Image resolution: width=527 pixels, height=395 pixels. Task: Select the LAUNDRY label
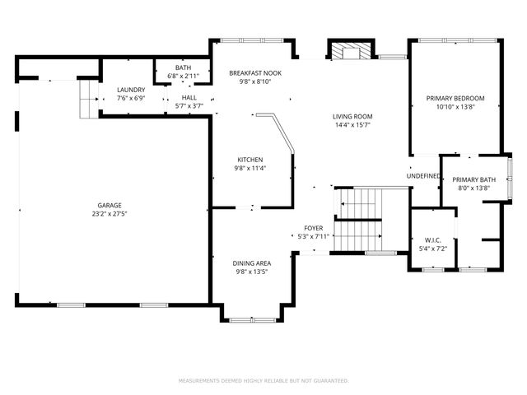[x=131, y=90]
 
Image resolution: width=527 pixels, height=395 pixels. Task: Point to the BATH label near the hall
[x=182, y=68]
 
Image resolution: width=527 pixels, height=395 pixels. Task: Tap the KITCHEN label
[x=250, y=159]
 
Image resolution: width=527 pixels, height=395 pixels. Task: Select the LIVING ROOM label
[x=352, y=117]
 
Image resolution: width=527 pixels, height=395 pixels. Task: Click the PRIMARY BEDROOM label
[x=455, y=99]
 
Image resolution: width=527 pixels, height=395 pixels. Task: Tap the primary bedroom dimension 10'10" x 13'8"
[x=455, y=107]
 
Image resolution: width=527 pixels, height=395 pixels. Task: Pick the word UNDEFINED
[x=423, y=176]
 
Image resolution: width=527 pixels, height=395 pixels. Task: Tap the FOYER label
[x=313, y=228]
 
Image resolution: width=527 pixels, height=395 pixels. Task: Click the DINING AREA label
[x=252, y=263]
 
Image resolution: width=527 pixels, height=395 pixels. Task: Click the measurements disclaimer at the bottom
[x=263, y=381]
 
